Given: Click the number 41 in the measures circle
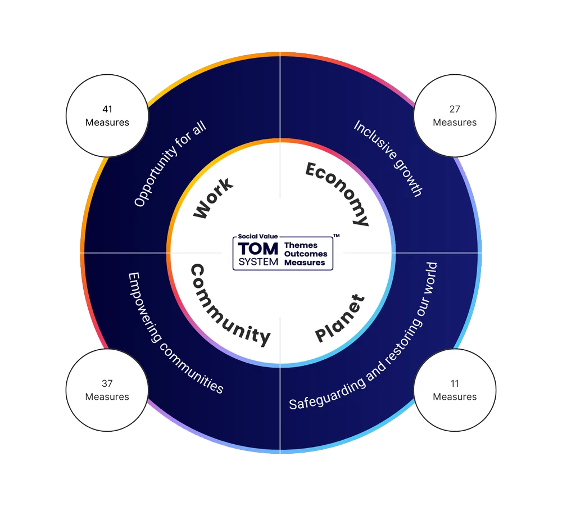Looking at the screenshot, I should coord(107,109).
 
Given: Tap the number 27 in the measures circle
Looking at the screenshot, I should coord(455,109).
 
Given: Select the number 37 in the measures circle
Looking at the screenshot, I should coord(107,383).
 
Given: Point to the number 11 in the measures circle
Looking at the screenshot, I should coord(455,383).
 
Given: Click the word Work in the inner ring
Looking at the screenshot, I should coord(213,198).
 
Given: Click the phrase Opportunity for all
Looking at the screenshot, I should coord(170,164).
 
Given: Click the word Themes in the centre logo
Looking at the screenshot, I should coord(301,246).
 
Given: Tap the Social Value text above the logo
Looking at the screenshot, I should coord(257,237).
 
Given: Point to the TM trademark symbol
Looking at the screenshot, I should coord(336,236).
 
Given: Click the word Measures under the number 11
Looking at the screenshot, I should coord(455,397).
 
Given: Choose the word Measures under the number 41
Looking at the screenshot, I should coord(107,123).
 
